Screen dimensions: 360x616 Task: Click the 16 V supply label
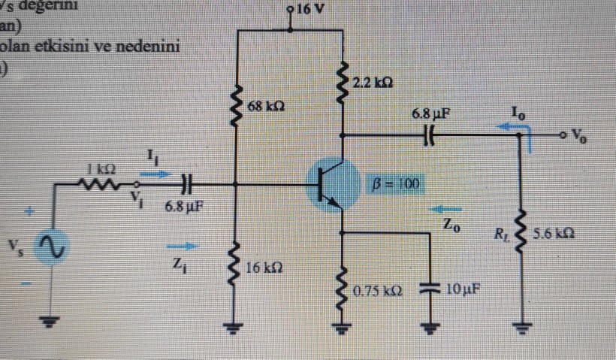310,11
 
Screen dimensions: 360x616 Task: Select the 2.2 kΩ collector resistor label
376,80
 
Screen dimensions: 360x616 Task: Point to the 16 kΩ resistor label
265,268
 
